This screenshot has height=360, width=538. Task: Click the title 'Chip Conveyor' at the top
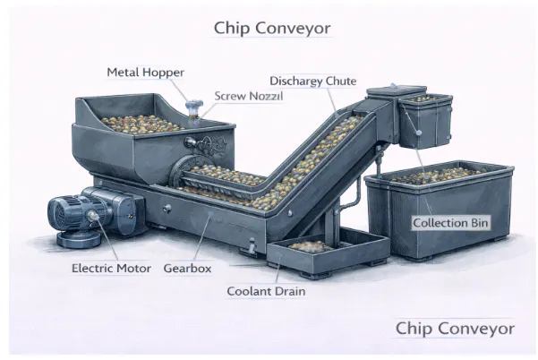[272, 28]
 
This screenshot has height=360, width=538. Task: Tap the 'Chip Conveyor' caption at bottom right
[455, 329]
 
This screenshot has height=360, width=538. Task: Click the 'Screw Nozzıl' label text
[248, 95]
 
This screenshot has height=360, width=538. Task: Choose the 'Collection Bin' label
[449, 221]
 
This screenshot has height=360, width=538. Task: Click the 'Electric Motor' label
[110, 268]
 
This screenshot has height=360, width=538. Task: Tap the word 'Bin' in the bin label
[475, 221]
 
